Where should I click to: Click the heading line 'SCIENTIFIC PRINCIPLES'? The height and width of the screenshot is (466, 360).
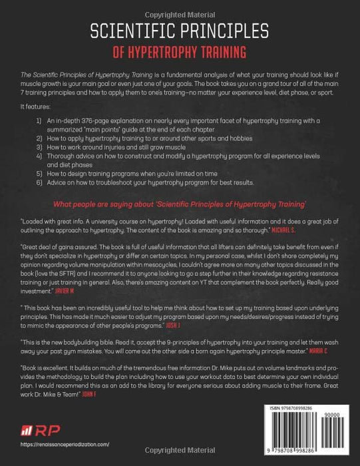[180, 31]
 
